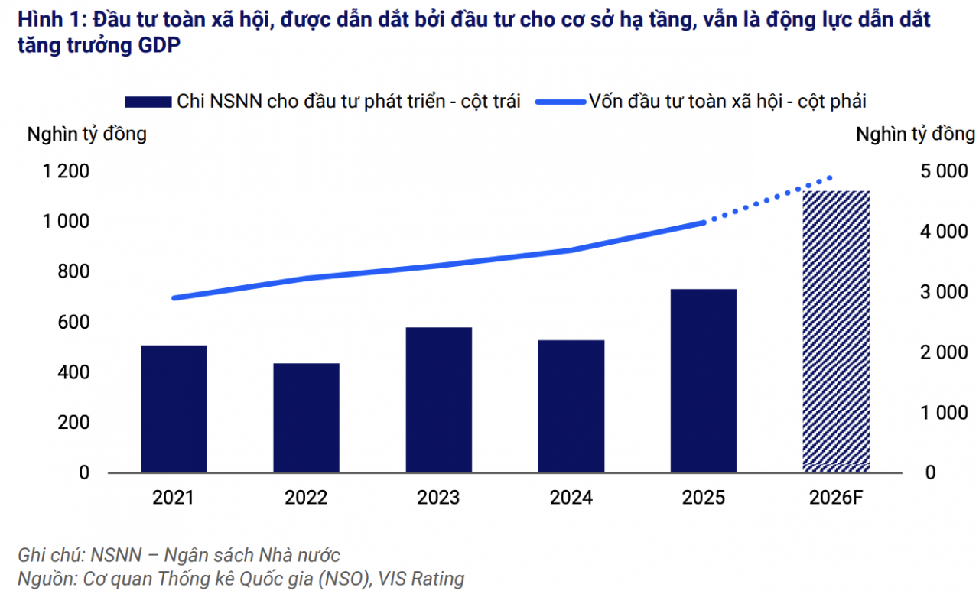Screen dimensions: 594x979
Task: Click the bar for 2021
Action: tap(174, 409)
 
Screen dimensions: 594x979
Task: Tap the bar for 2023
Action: tap(438, 400)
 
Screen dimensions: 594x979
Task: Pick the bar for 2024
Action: tap(571, 406)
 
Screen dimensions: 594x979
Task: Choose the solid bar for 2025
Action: tap(704, 381)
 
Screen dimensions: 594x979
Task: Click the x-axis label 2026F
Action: tap(836, 498)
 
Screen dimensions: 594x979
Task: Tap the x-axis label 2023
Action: tap(438, 498)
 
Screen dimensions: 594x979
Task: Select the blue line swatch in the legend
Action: tap(559, 102)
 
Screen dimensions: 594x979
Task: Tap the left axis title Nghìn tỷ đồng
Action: tap(86, 135)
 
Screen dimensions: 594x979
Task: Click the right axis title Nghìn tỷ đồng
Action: tap(915, 135)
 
